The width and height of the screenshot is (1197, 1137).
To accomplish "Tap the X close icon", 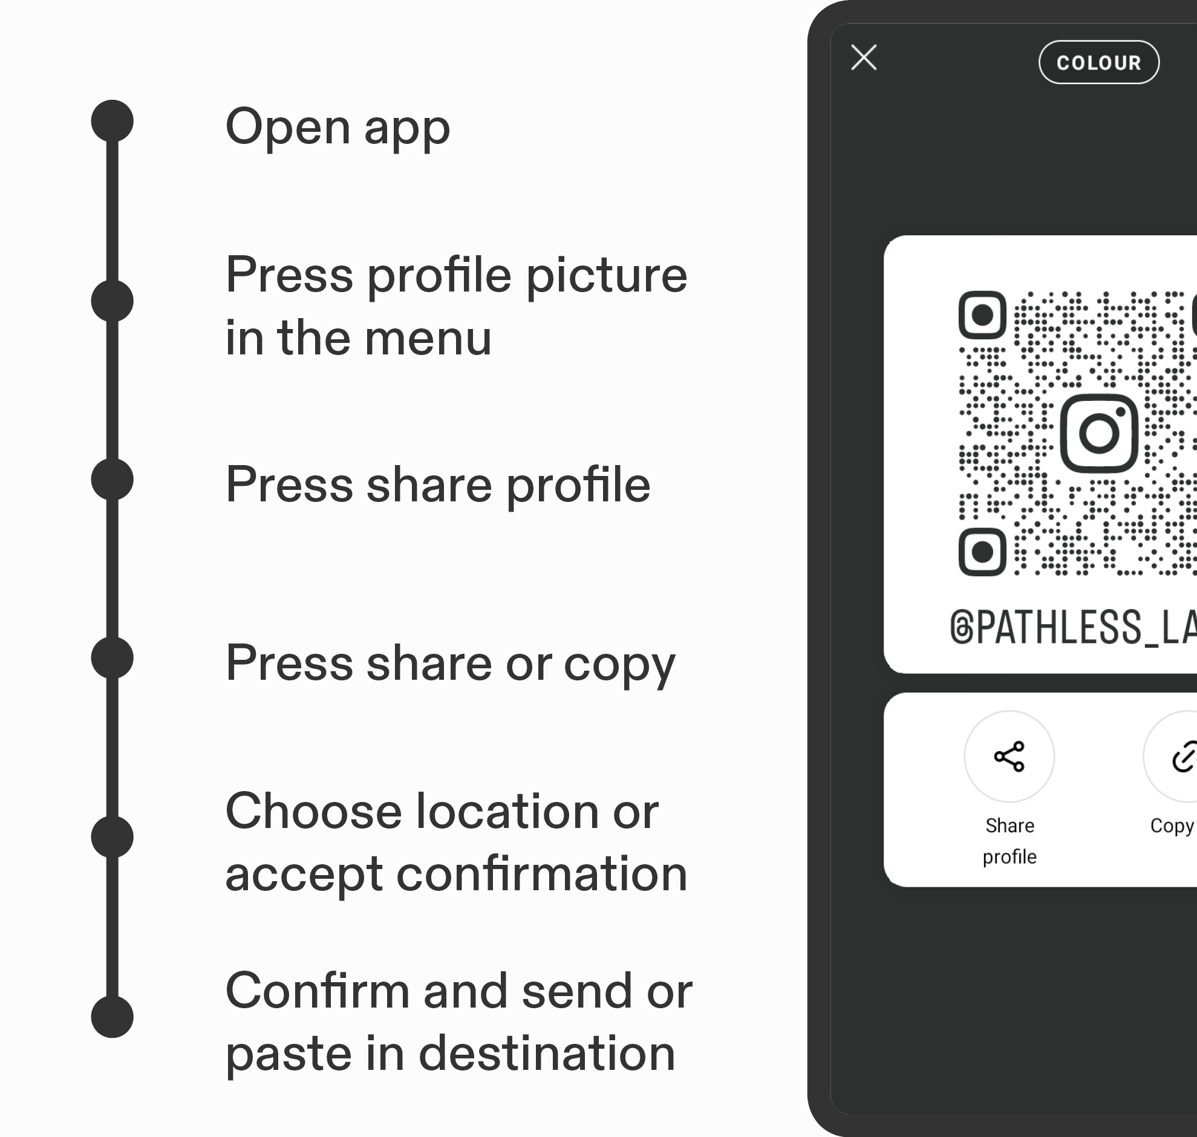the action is point(864,57).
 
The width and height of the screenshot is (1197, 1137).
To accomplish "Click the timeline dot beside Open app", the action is point(112,120).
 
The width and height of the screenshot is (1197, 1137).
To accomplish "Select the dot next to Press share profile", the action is point(112,480).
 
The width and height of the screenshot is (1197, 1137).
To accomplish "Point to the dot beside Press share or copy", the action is point(112,657).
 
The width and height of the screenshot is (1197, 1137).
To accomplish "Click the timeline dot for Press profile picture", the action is point(112,301).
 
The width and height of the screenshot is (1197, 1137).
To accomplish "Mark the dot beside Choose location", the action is point(112,836).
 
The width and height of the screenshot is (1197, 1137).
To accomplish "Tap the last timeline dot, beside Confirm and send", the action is point(112,1017).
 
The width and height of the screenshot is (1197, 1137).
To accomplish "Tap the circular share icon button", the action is point(1009,757).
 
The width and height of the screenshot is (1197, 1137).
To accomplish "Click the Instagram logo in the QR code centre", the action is point(1099,434).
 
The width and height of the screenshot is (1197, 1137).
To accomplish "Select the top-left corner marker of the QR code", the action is point(982,315).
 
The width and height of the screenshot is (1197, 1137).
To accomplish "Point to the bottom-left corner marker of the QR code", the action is point(982,552).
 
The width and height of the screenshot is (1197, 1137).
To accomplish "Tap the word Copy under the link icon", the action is point(1172,826).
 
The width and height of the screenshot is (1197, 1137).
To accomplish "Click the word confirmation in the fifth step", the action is point(542,874).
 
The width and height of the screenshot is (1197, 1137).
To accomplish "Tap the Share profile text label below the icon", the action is point(1009,841).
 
